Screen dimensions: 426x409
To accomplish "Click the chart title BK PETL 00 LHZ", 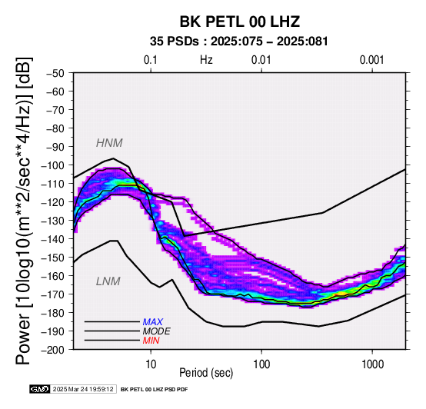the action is (x=240, y=22).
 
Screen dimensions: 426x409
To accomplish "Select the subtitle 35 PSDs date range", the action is (x=239, y=42).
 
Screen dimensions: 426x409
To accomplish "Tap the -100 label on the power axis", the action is (x=52, y=165).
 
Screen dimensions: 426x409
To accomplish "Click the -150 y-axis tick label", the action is (x=52, y=258).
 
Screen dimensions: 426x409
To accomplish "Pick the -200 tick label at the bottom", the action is (x=52, y=350).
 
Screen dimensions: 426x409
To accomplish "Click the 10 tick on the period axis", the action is (x=151, y=364).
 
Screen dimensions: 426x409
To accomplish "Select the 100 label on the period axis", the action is (x=261, y=364).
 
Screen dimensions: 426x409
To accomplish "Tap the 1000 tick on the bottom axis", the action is (x=372, y=364).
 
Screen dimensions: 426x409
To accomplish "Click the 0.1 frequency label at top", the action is (x=151, y=60).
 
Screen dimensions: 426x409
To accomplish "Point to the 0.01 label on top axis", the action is (x=261, y=60).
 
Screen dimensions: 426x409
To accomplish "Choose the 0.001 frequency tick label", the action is (x=371, y=60).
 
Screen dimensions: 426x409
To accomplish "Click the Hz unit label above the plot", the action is (x=206, y=60).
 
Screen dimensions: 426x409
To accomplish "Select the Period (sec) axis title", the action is (x=206, y=373).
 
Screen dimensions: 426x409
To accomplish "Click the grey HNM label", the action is (x=109, y=143).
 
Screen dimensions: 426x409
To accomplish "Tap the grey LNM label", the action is (x=108, y=281).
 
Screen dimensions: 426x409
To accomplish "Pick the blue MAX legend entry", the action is (x=153, y=322).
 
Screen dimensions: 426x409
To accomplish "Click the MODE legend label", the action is (x=157, y=331).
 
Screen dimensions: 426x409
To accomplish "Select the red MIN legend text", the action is (x=151, y=341).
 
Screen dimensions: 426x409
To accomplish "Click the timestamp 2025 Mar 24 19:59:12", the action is (x=83, y=389).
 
